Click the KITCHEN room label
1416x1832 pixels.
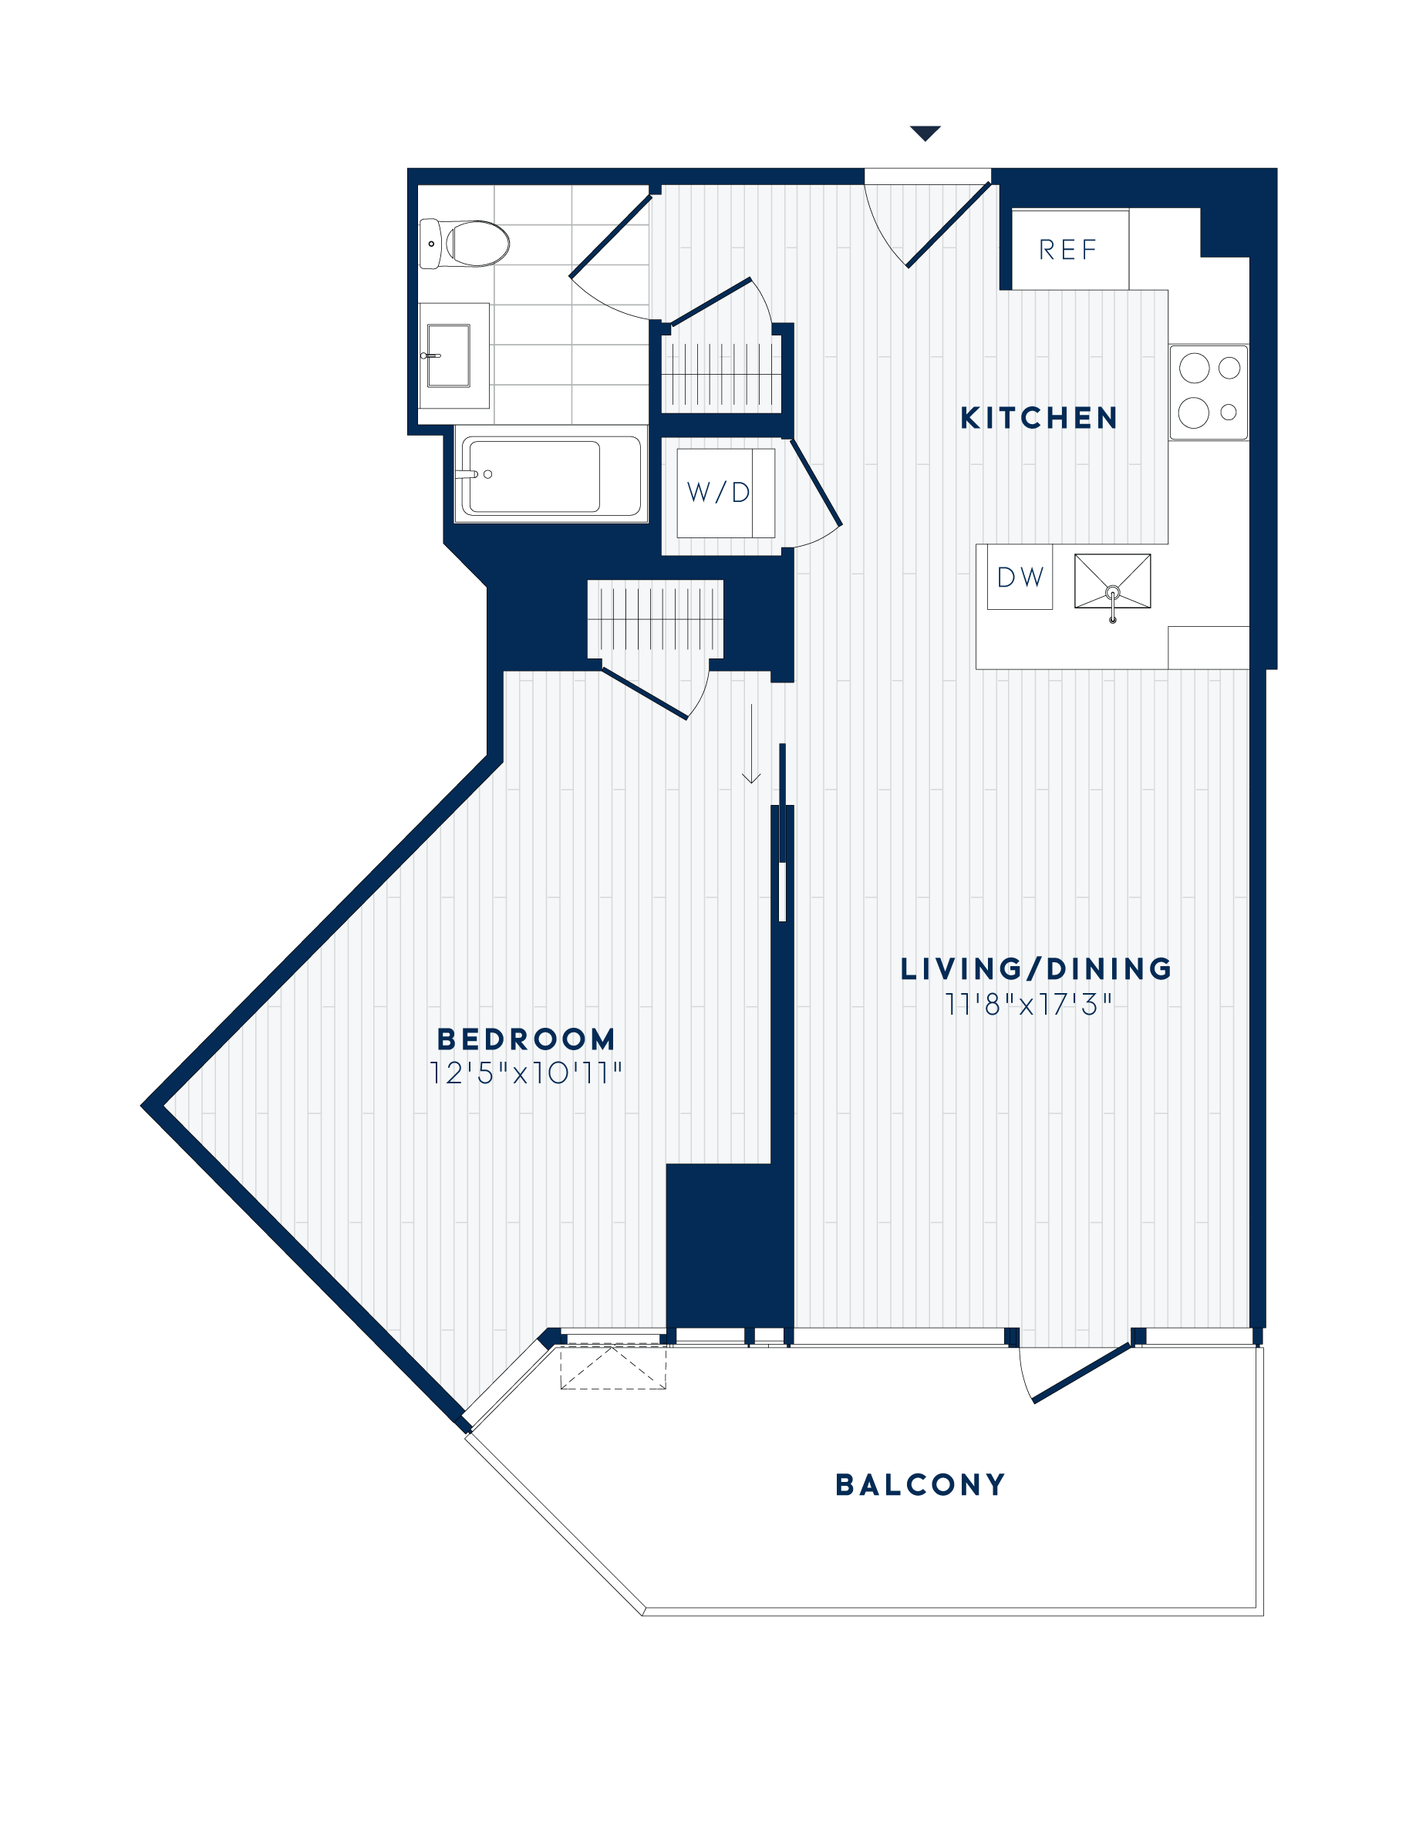1039,418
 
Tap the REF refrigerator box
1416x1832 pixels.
1069,249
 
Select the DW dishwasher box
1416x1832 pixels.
1020,577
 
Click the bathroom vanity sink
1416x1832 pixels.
448,355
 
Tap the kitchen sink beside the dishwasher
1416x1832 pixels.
1112,581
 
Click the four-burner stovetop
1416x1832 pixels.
1209,392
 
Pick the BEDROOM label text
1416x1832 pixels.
526,1039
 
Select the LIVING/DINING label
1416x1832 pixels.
1036,969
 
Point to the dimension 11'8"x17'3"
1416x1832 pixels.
1028,1004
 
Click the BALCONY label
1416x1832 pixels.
920,1485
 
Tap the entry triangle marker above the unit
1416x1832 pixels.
925,133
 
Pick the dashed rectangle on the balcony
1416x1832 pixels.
613,1366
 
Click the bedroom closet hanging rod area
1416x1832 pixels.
655,618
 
